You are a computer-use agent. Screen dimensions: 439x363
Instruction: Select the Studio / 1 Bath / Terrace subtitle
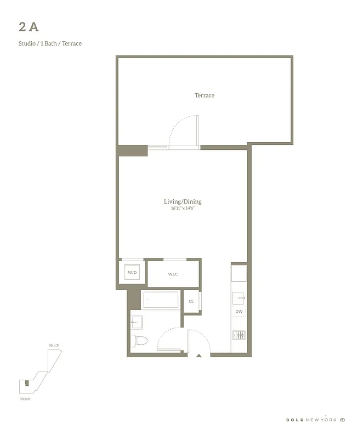point(50,43)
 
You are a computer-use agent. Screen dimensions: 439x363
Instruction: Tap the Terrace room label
point(205,95)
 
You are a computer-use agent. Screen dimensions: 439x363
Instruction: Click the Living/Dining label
point(183,201)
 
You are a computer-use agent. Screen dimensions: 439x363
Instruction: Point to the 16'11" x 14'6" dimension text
point(183,209)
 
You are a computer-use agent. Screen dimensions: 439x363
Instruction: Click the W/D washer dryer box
point(132,272)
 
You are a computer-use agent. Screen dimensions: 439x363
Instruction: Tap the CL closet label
point(191,301)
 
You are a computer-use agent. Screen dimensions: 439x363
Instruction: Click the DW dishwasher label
point(239,312)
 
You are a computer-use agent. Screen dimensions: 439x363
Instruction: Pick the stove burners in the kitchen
point(239,335)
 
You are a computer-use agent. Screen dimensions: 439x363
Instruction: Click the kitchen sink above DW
point(239,298)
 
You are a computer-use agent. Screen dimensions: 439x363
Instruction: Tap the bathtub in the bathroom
point(161,300)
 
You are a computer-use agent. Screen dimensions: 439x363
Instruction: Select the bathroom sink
point(137,320)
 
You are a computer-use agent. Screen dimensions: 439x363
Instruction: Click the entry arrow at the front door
point(199,356)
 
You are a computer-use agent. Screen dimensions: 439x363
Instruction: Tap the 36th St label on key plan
point(54,345)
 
